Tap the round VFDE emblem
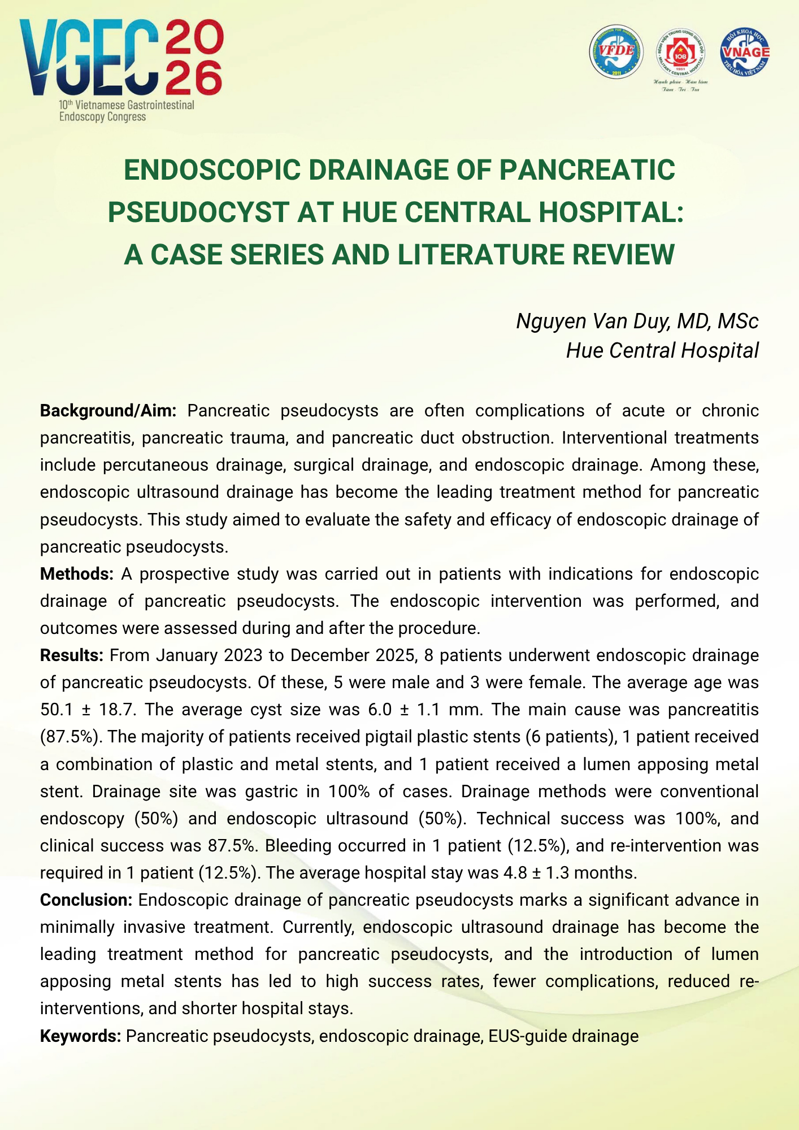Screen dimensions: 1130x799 coord(616,52)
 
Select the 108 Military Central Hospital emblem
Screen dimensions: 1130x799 coord(680,54)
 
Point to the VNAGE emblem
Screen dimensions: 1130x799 coord(745,52)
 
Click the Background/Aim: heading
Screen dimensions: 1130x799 coord(108,411)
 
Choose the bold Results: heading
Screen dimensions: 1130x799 coord(71,655)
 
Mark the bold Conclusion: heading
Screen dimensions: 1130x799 coord(86,900)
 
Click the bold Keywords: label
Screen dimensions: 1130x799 coord(80,1036)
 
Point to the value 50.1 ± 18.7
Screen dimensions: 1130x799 coord(88,710)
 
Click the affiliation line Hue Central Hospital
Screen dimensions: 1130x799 coord(662,350)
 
